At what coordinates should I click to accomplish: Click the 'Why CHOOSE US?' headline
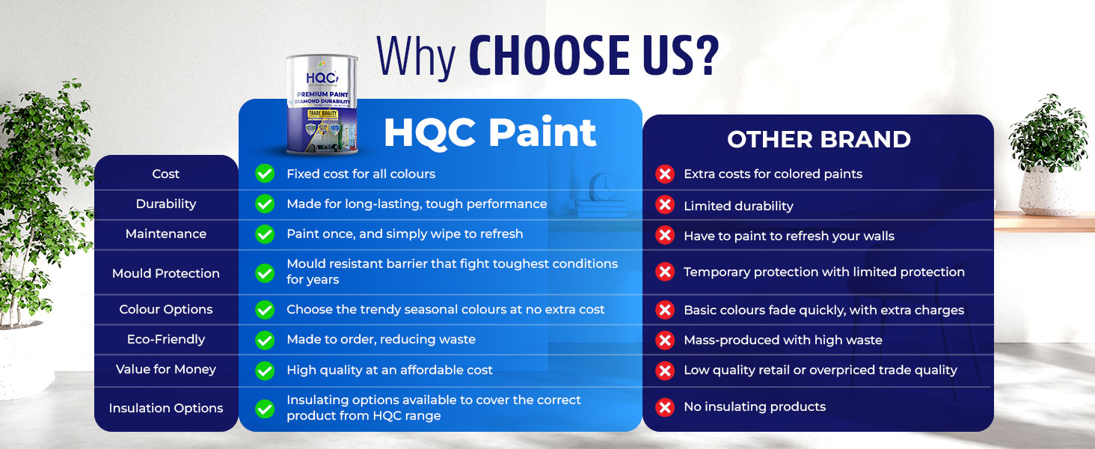pyautogui.click(x=547, y=56)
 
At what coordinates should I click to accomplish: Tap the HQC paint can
pyautogui.click(x=322, y=105)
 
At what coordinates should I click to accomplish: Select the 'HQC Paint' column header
pyautogui.click(x=490, y=132)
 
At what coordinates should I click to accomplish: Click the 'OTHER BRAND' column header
pyautogui.click(x=819, y=139)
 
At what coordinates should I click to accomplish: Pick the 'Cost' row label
pyautogui.click(x=166, y=174)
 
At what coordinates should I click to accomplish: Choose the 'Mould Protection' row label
pyautogui.click(x=166, y=273)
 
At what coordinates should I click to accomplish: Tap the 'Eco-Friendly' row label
pyautogui.click(x=166, y=340)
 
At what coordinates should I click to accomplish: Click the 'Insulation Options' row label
pyautogui.click(x=166, y=408)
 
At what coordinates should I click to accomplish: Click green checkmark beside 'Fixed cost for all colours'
pyautogui.click(x=265, y=174)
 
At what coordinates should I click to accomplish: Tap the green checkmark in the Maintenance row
pyautogui.click(x=265, y=234)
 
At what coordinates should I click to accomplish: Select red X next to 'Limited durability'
pyautogui.click(x=665, y=205)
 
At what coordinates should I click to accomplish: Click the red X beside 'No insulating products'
pyautogui.click(x=665, y=407)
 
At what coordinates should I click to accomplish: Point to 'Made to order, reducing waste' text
pyautogui.click(x=381, y=340)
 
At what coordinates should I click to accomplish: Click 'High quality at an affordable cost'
pyautogui.click(x=389, y=370)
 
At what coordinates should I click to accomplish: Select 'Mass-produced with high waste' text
pyautogui.click(x=782, y=340)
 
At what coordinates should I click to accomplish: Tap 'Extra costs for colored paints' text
pyautogui.click(x=773, y=174)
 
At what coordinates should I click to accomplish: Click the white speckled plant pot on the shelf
pyautogui.click(x=1048, y=191)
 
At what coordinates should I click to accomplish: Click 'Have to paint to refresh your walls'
pyautogui.click(x=789, y=236)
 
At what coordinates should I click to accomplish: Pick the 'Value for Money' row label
pyautogui.click(x=166, y=369)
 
